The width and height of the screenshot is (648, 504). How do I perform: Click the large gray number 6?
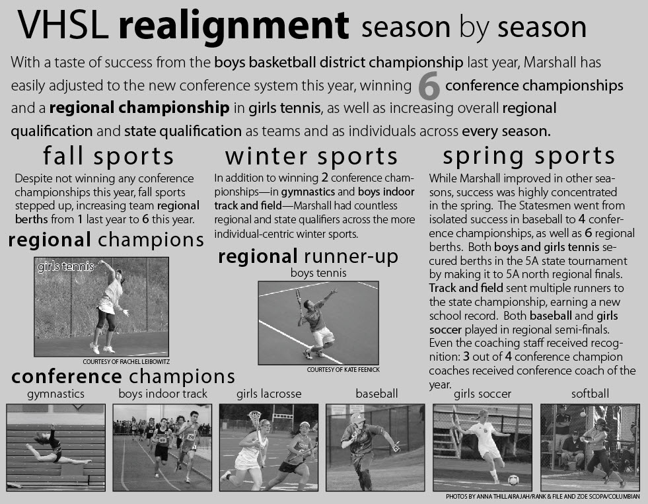[x=429, y=87]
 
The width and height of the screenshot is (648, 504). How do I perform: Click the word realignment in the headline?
[x=233, y=26]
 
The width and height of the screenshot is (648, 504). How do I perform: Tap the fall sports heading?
[x=108, y=157]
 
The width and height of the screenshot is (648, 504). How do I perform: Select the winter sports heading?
[x=311, y=157]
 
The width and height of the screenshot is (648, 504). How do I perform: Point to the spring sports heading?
[x=529, y=157]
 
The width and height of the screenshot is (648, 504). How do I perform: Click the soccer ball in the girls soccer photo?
[x=513, y=480]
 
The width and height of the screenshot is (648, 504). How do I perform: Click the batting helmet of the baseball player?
[x=358, y=419]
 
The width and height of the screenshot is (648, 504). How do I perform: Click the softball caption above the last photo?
[x=590, y=394]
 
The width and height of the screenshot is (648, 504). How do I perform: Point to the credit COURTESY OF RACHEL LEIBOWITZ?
[x=126, y=361]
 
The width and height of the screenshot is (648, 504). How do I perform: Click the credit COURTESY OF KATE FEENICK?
[x=343, y=370]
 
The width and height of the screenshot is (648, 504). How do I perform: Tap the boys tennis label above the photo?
[x=318, y=273]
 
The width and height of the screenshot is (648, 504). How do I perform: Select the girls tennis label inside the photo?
[x=65, y=267]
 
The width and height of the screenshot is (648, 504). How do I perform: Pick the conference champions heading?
[x=123, y=377]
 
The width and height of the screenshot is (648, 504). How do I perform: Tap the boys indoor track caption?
[x=163, y=394]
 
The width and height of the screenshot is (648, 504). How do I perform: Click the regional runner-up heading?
[x=308, y=256]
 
